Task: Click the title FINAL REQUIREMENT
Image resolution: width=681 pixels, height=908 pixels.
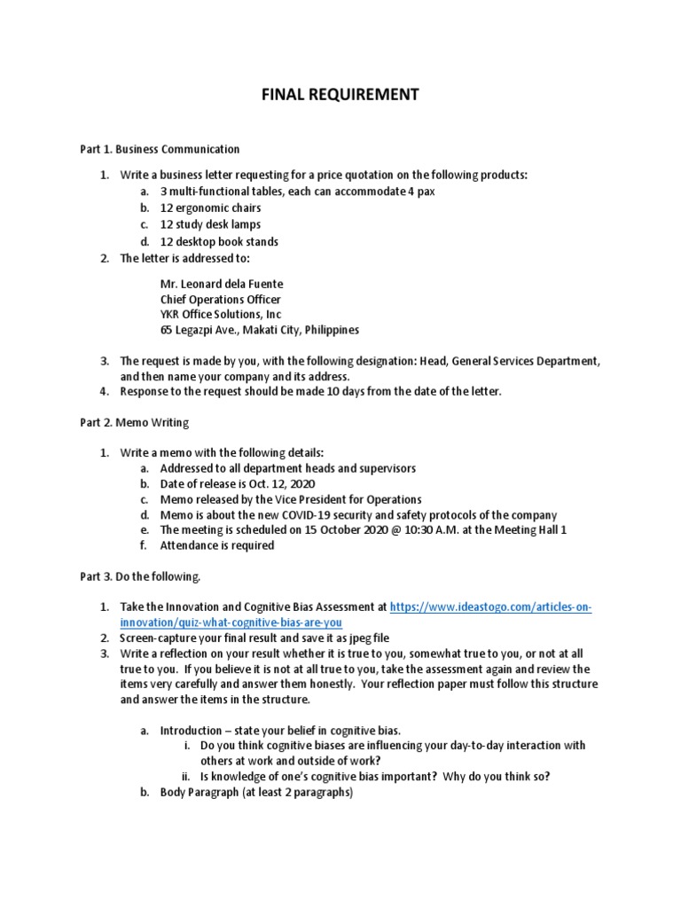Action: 340,94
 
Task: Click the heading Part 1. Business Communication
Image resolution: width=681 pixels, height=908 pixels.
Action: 160,149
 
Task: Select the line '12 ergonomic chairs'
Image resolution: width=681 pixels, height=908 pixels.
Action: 210,208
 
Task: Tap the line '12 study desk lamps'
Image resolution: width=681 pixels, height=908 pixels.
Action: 210,225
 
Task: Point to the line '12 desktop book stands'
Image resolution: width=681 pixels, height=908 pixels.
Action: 219,242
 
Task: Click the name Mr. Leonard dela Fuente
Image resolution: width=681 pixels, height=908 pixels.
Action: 222,284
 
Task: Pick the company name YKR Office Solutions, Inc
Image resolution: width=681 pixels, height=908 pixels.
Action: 224,315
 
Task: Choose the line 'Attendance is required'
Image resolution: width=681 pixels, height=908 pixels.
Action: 217,546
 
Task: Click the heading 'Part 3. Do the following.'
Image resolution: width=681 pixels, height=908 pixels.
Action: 140,577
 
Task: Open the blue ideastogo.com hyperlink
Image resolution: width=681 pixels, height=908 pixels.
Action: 490,607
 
